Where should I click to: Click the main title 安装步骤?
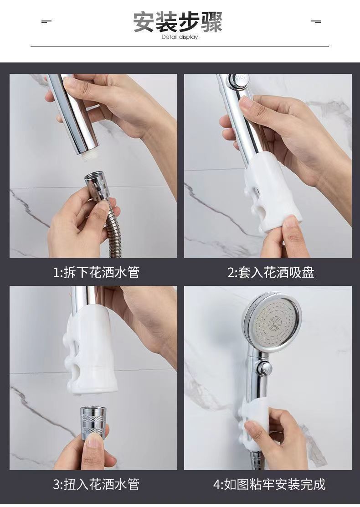(x=178, y=22)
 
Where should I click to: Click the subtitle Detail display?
(x=180, y=37)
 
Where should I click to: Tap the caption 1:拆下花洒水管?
(x=96, y=272)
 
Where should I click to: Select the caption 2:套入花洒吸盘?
(x=271, y=272)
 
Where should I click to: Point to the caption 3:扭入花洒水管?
(x=96, y=484)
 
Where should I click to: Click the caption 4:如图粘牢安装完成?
(x=269, y=484)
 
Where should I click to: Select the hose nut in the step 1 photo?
(x=98, y=187)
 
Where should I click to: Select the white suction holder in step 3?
(x=91, y=350)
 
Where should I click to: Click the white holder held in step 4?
(x=255, y=417)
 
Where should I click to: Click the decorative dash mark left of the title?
(x=46, y=22)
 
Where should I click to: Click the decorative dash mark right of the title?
(x=316, y=22)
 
